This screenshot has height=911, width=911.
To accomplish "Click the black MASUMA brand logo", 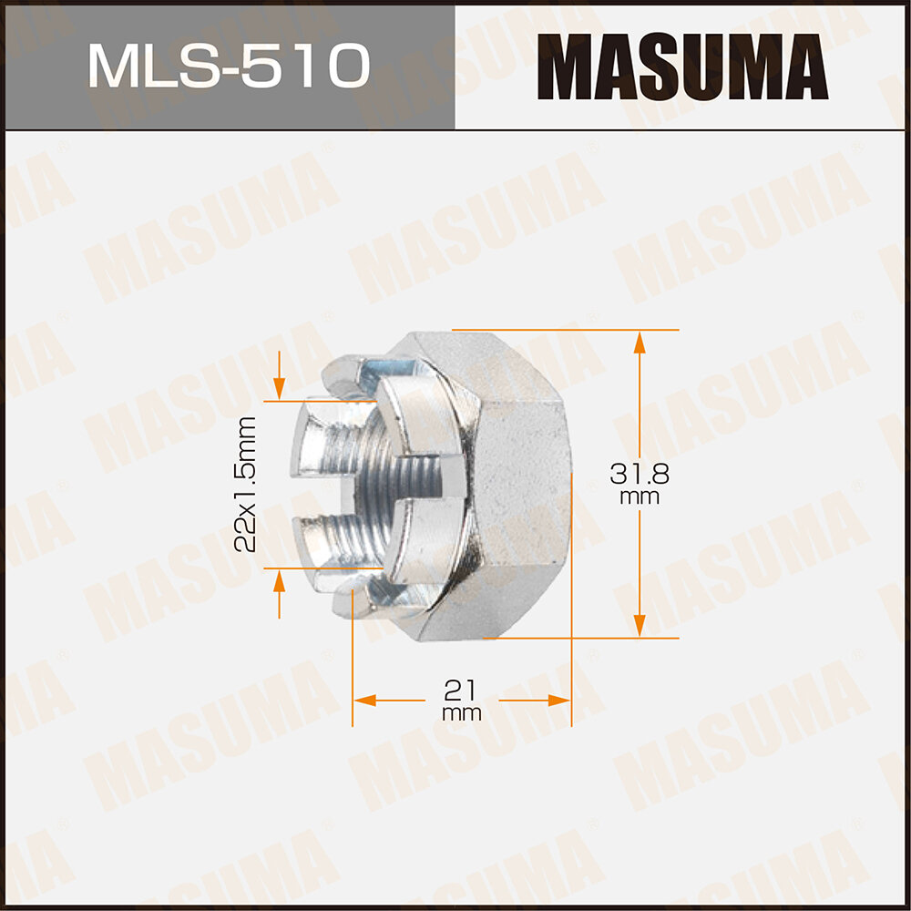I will (681, 67).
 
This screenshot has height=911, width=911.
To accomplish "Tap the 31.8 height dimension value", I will (640, 474).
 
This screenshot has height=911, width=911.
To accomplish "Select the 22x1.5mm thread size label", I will (244, 485).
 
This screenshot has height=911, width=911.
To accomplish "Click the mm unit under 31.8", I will (640, 498).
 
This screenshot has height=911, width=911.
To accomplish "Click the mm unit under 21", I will (462, 713).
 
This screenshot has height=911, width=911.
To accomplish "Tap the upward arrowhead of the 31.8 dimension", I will (640, 343).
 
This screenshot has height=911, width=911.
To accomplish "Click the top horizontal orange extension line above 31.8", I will (565, 329).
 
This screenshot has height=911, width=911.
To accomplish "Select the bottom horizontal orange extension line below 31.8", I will (583, 639).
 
